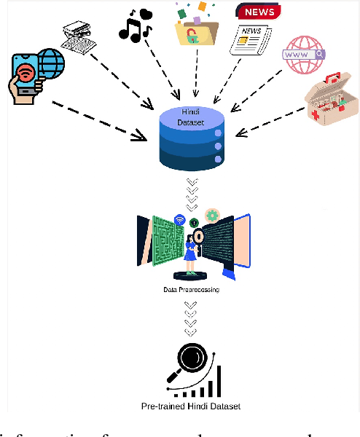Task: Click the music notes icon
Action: point(135,24)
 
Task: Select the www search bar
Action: point(305,55)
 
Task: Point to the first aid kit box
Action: point(331,105)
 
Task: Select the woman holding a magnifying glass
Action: point(192,251)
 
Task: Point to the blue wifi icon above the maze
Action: point(179,219)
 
